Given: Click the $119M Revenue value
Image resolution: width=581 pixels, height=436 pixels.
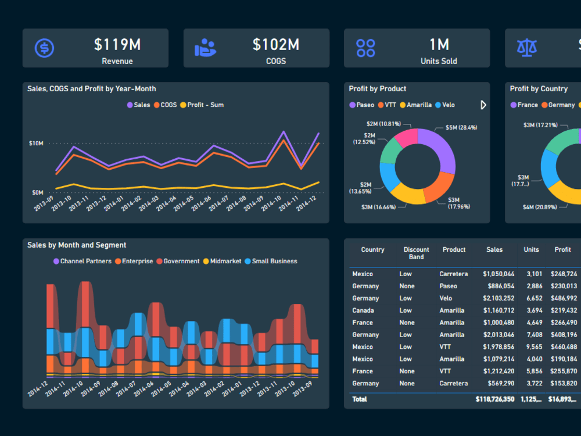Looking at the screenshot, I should tap(117, 45).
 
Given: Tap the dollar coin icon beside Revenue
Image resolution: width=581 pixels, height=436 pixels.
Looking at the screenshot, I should tap(44, 48).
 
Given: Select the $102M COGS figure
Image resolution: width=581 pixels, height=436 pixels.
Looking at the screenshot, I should tap(275, 45).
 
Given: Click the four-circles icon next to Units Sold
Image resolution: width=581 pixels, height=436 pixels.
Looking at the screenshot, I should tap(365, 48).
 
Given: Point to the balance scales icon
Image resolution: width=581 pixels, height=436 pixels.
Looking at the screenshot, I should tap(526, 48).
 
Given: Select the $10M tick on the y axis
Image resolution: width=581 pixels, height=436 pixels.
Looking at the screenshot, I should tap(36, 143).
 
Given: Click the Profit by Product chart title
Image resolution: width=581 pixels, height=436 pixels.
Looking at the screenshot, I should tap(377, 89).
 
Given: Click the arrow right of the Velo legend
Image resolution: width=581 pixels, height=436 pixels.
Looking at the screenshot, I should tap(483, 105).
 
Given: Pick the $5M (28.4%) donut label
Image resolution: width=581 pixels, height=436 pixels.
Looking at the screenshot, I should tap(461, 127).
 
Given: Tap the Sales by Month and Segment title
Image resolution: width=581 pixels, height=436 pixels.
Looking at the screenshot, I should tap(77, 245).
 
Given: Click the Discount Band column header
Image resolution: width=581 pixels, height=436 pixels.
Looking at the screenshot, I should tap(416, 253).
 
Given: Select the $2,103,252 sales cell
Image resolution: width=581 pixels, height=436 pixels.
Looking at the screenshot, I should tap(498, 298).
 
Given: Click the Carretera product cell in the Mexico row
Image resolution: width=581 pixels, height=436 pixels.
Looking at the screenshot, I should tap(453, 274).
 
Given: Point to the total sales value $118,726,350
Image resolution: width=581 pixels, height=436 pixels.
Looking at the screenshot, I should tap(494, 399).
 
